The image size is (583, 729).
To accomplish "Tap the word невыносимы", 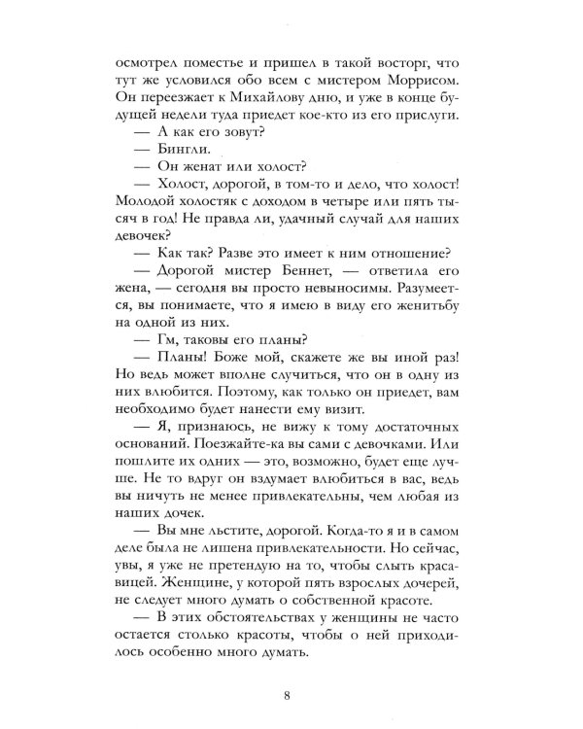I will pyautogui.click(x=358, y=291).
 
